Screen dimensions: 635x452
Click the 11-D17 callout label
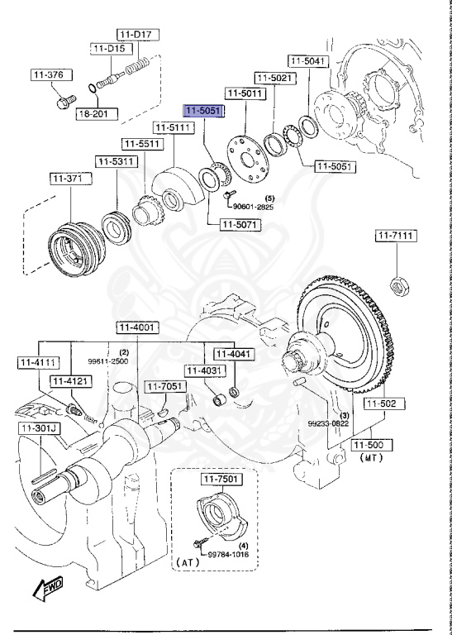click(x=138, y=34)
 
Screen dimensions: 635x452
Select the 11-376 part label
click(x=48, y=75)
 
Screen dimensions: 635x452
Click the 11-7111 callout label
click(x=396, y=236)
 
